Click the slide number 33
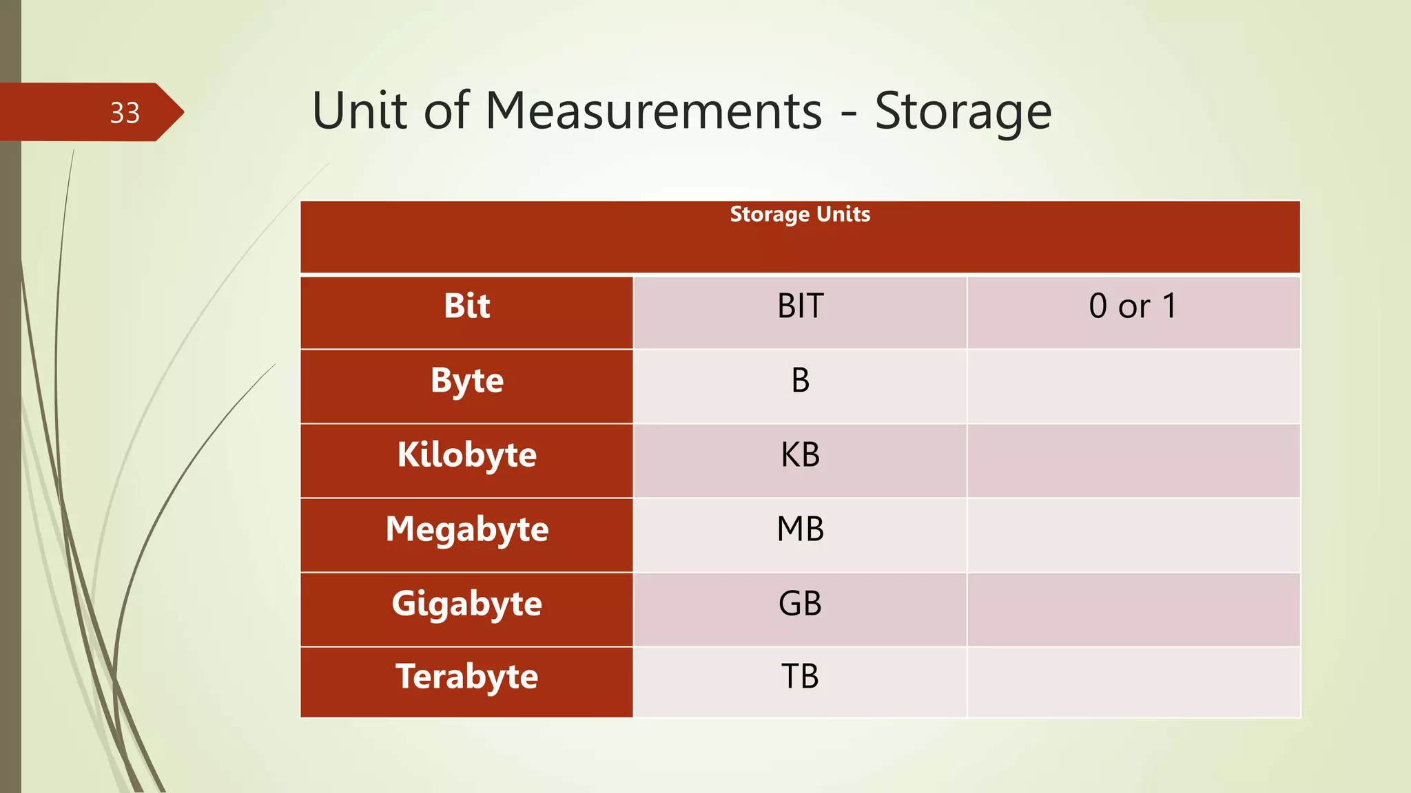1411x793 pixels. pyautogui.click(x=125, y=113)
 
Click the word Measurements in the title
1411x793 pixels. pyautogui.click(x=654, y=111)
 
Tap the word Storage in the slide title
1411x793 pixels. pyautogui.click(x=962, y=112)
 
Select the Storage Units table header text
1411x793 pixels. pyautogui.click(x=800, y=214)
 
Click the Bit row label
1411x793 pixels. pyautogui.click(x=466, y=306)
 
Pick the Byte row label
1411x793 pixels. pyautogui.click(x=466, y=381)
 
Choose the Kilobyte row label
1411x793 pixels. pyautogui.click(x=466, y=455)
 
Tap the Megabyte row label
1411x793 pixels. pyautogui.click(x=466, y=529)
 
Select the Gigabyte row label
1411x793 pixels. pyautogui.click(x=466, y=604)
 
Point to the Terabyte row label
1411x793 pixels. pyautogui.click(x=466, y=677)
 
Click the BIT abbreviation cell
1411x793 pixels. pyautogui.click(x=800, y=306)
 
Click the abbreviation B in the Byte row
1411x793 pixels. pyautogui.click(x=800, y=381)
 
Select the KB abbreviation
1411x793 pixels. pyautogui.click(x=800, y=455)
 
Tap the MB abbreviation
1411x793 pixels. pyautogui.click(x=800, y=529)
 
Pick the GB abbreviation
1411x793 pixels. pyautogui.click(x=800, y=604)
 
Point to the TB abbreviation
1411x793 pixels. pyautogui.click(x=800, y=677)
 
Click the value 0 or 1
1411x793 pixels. pyautogui.click(x=1133, y=306)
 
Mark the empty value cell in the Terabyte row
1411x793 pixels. pyautogui.click(x=1133, y=682)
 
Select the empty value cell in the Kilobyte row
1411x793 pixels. pyautogui.click(x=1133, y=461)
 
